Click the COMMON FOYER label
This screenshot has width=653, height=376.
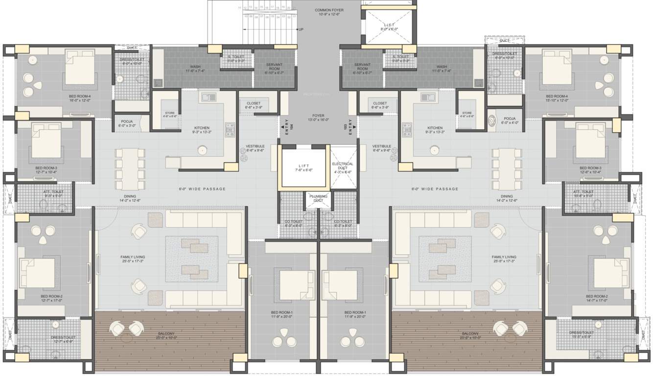tap(329, 10)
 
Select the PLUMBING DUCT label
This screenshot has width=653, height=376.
tap(318, 198)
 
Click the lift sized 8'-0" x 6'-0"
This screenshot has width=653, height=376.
tap(389, 26)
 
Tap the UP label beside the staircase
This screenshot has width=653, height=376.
tap(301, 29)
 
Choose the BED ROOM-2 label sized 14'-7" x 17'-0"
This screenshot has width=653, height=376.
tap(597, 299)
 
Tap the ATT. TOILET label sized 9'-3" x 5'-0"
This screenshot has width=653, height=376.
tap(46, 193)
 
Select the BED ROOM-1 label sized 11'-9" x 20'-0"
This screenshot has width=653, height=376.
tap(281, 314)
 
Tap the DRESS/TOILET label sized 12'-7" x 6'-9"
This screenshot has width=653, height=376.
tap(64, 339)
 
